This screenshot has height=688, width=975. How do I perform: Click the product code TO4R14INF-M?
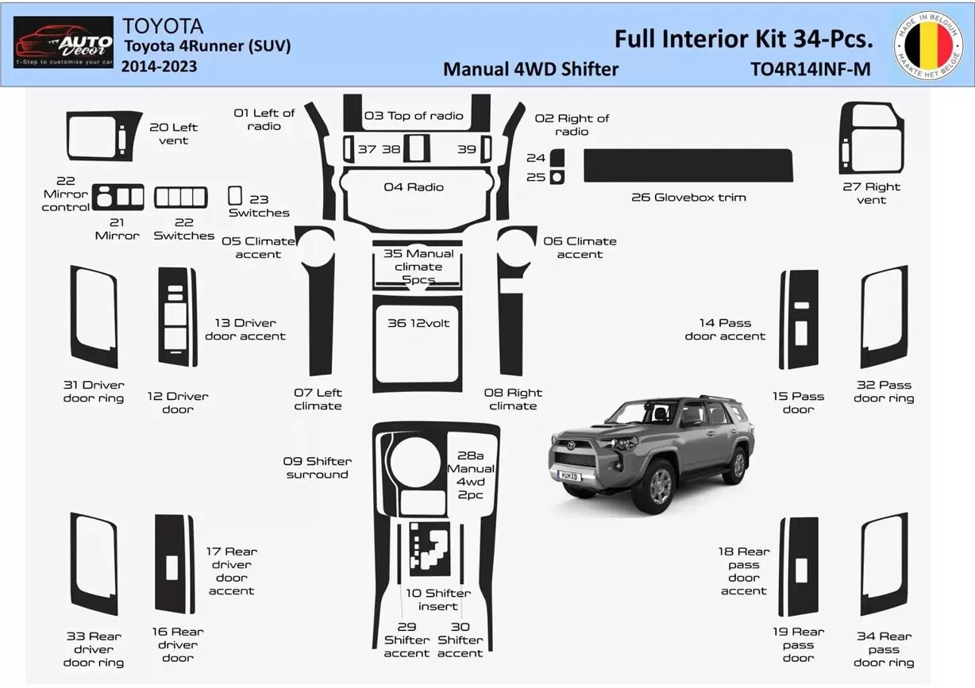[810, 69]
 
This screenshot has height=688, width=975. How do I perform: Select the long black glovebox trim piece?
[688, 165]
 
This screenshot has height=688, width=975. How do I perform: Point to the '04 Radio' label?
[414, 187]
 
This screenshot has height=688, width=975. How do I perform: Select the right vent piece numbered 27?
[870, 139]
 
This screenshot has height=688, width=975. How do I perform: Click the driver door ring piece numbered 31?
[94, 317]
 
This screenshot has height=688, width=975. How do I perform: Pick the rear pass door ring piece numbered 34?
[883, 564]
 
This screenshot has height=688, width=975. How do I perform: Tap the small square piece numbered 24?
[557, 158]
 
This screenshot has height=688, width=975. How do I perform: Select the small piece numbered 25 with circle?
[557, 177]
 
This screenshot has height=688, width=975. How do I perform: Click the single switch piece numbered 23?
[235, 195]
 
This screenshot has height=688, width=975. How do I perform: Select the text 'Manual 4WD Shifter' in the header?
[530, 69]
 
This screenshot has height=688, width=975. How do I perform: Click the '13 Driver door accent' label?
[245, 329]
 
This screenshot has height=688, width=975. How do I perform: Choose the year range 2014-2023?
[159, 67]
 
